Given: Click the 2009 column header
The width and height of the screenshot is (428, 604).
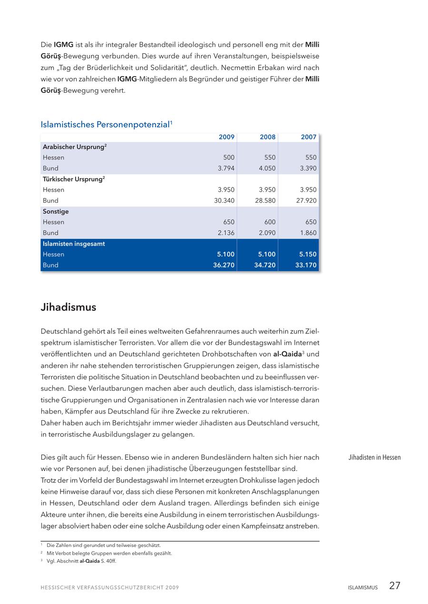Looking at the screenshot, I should click(x=226, y=137).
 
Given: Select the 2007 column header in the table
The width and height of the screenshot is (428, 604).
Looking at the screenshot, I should click(x=309, y=137).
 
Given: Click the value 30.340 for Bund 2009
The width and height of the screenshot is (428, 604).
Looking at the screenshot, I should click(x=224, y=200).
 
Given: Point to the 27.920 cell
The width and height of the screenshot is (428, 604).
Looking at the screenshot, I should click(x=306, y=200).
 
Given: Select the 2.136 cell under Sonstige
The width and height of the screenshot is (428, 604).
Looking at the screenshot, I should click(x=226, y=233).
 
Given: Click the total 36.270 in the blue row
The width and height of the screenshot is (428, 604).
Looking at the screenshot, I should click(x=224, y=265).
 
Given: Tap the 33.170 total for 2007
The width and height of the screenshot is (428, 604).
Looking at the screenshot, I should click(x=306, y=265).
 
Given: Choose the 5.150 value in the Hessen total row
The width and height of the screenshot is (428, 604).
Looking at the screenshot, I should click(x=308, y=254).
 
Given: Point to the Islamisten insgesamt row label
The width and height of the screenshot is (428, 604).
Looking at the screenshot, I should click(x=74, y=244).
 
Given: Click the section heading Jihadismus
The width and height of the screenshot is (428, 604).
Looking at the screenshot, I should click(x=68, y=307).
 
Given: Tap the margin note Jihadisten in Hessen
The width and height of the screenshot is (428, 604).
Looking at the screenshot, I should click(x=374, y=458).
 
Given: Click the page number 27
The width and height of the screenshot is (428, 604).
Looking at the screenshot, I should click(x=395, y=585).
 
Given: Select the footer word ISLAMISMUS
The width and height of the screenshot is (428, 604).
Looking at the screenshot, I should click(x=362, y=587).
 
